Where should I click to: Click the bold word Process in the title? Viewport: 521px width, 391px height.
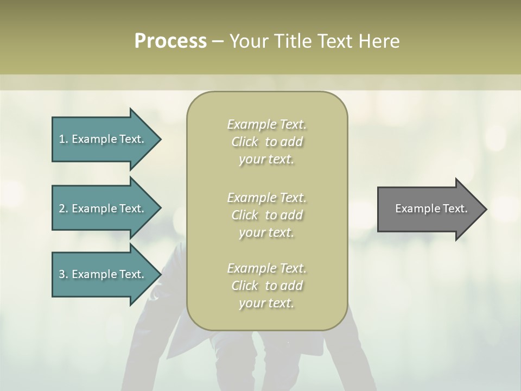(x=170, y=41)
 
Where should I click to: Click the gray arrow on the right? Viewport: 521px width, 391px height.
(x=429, y=209)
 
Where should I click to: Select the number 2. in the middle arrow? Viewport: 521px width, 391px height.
(x=63, y=209)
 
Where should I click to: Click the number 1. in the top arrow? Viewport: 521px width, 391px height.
(x=63, y=139)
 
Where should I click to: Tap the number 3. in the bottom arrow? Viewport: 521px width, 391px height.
(x=63, y=274)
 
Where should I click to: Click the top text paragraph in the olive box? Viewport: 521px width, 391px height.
(x=266, y=142)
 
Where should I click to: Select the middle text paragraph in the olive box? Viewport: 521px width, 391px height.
(x=266, y=215)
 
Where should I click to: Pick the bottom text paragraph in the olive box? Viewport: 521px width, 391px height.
(x=266, y=286)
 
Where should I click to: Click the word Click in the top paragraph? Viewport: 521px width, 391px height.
(x=245, y=142)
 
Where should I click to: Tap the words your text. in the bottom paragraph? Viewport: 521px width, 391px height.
(x=266, y=303)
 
